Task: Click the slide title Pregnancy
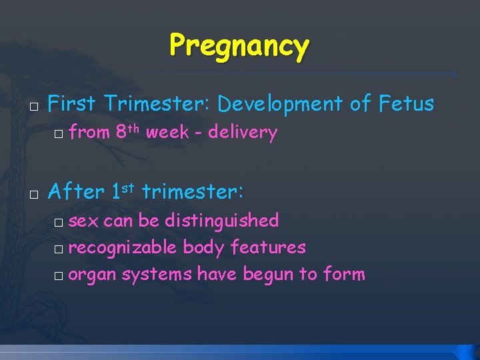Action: [239, 47]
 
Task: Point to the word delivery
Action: [242, 133]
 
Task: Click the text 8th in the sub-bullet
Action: [128, 131]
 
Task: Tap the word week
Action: [167, 133]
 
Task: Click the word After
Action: [76, 192]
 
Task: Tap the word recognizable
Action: [123, 248]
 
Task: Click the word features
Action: [268, 247]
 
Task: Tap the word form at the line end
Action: [344, 274]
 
